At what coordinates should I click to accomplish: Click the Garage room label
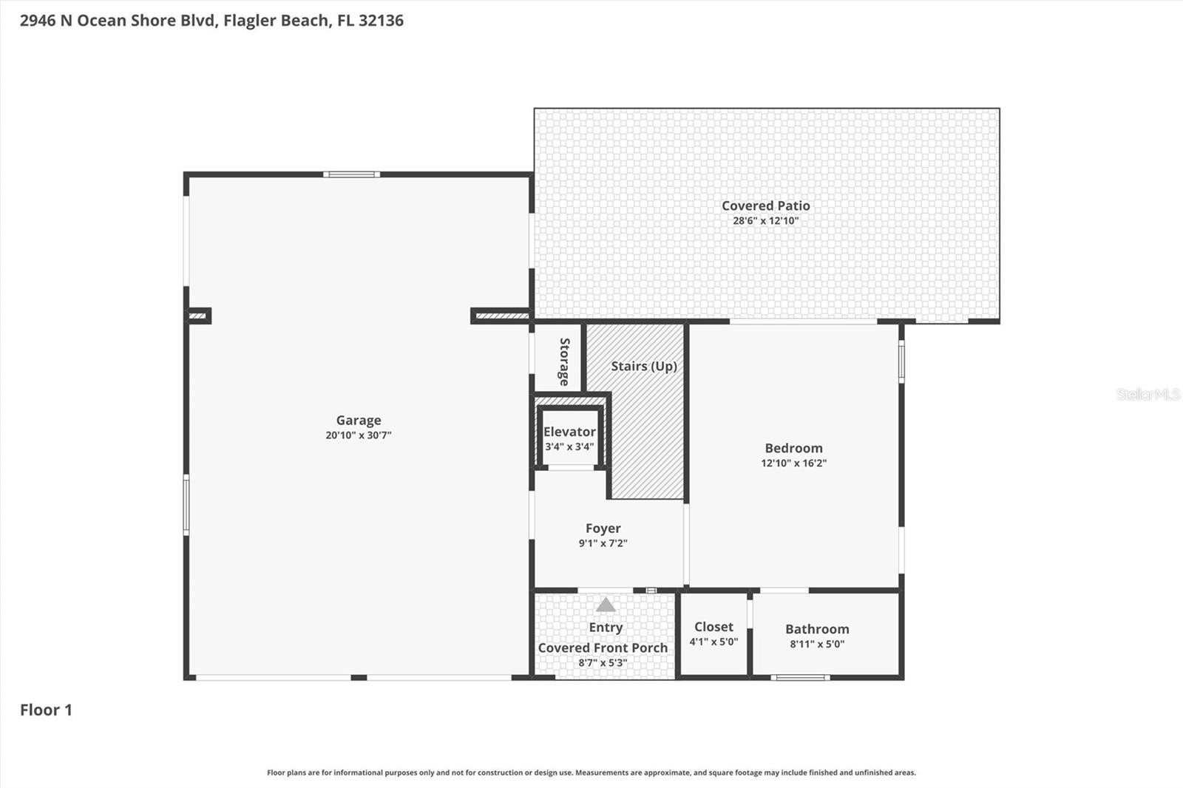[359, 420]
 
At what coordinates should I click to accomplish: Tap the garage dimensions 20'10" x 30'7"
[359, 435]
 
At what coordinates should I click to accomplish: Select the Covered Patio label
[766, 206]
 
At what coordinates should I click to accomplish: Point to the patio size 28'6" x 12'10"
[766, 221]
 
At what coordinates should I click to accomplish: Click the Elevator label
[569, 432]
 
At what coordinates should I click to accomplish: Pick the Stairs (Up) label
[644, 366]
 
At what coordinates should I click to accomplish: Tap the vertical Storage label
[564, 361]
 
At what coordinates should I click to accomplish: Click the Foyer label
[603, 528]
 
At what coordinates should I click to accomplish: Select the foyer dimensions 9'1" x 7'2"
[603, 543]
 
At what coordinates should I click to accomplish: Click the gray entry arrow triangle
[606, 605]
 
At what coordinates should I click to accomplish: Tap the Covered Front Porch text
[603, 648]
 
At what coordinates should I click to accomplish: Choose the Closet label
[713, 626]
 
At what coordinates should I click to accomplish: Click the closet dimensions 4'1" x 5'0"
[713, 642]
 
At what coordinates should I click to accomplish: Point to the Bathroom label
[817, 629]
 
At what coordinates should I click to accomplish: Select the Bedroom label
[793, 448]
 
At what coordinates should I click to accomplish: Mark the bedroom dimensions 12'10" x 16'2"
[793, 463]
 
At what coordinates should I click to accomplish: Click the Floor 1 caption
[46, 710]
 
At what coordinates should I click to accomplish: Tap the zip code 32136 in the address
[381, 20]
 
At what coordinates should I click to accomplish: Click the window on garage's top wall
[351, 174]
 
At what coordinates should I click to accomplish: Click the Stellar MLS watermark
[1148, 395]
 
